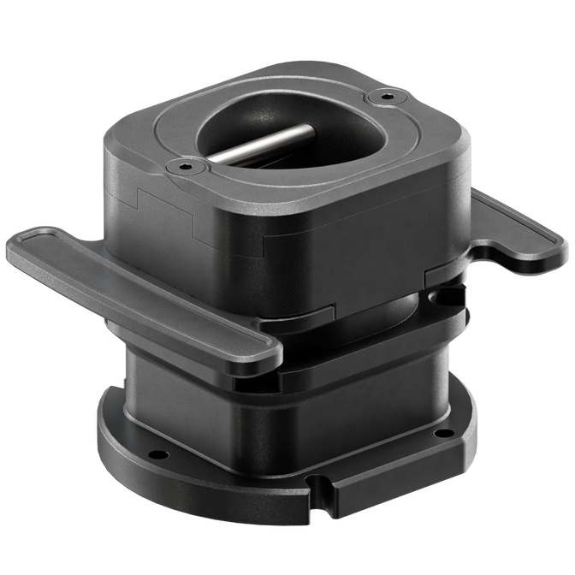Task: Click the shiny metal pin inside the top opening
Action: (261, 145)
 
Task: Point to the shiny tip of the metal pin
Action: (306, 131)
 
